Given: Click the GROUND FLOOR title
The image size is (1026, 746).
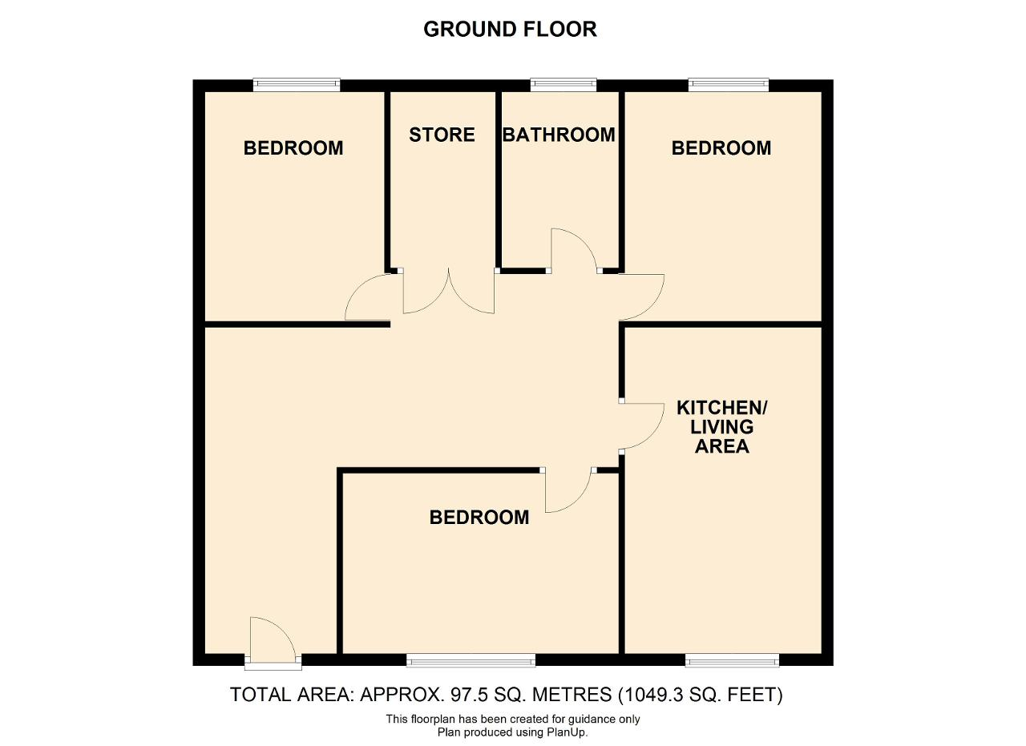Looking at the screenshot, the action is click(510, 30).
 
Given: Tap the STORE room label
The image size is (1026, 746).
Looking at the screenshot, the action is click(442, 135).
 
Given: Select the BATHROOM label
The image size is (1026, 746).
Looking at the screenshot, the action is click(559, 135).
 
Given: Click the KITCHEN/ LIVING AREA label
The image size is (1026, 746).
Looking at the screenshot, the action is click(722, 427).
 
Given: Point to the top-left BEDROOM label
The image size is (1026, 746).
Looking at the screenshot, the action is click(293, 148).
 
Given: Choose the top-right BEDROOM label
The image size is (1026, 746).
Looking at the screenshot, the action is click(721, 148).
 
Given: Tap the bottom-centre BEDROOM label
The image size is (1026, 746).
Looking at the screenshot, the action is click(479, 518).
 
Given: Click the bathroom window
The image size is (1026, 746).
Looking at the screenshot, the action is click(563, 85).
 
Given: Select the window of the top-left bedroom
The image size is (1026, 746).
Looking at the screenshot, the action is click(297, 85).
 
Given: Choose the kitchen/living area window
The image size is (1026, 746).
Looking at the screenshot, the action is click(732, 660).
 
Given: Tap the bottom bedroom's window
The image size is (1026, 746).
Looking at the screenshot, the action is click(471, 660).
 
